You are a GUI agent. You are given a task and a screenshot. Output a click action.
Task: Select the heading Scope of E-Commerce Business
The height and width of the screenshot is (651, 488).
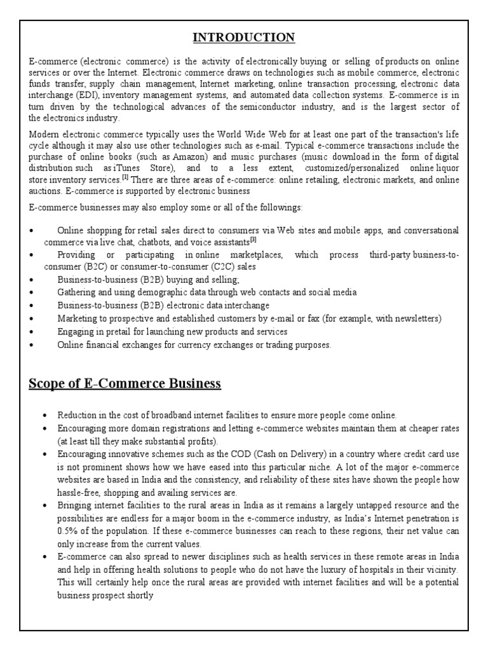125,383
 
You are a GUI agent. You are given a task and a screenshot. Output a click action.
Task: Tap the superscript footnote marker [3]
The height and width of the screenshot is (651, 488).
253,240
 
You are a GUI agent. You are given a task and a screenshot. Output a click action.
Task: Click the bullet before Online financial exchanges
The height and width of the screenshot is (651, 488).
32,345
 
